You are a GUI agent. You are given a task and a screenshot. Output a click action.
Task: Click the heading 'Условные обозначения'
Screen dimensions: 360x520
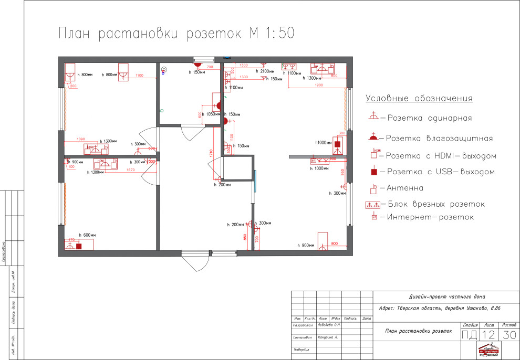coord(419,99)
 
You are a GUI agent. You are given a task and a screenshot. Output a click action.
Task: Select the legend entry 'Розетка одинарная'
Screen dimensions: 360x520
coord(429,118)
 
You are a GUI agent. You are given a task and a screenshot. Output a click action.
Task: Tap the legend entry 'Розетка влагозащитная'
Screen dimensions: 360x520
coord(439,139)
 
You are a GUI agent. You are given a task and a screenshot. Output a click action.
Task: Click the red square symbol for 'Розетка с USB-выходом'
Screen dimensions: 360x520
coord(373,172)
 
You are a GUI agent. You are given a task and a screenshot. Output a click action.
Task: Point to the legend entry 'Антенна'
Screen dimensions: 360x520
coord(405,187)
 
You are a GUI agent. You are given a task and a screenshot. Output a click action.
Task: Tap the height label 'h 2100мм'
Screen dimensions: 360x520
coord(266,71)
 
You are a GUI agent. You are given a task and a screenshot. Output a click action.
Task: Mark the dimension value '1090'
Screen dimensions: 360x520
coord(81,139)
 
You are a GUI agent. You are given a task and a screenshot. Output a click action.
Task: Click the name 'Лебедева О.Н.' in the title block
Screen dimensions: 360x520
coord(329,325)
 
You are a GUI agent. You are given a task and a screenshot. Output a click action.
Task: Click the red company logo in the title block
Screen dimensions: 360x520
coord(490,351)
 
